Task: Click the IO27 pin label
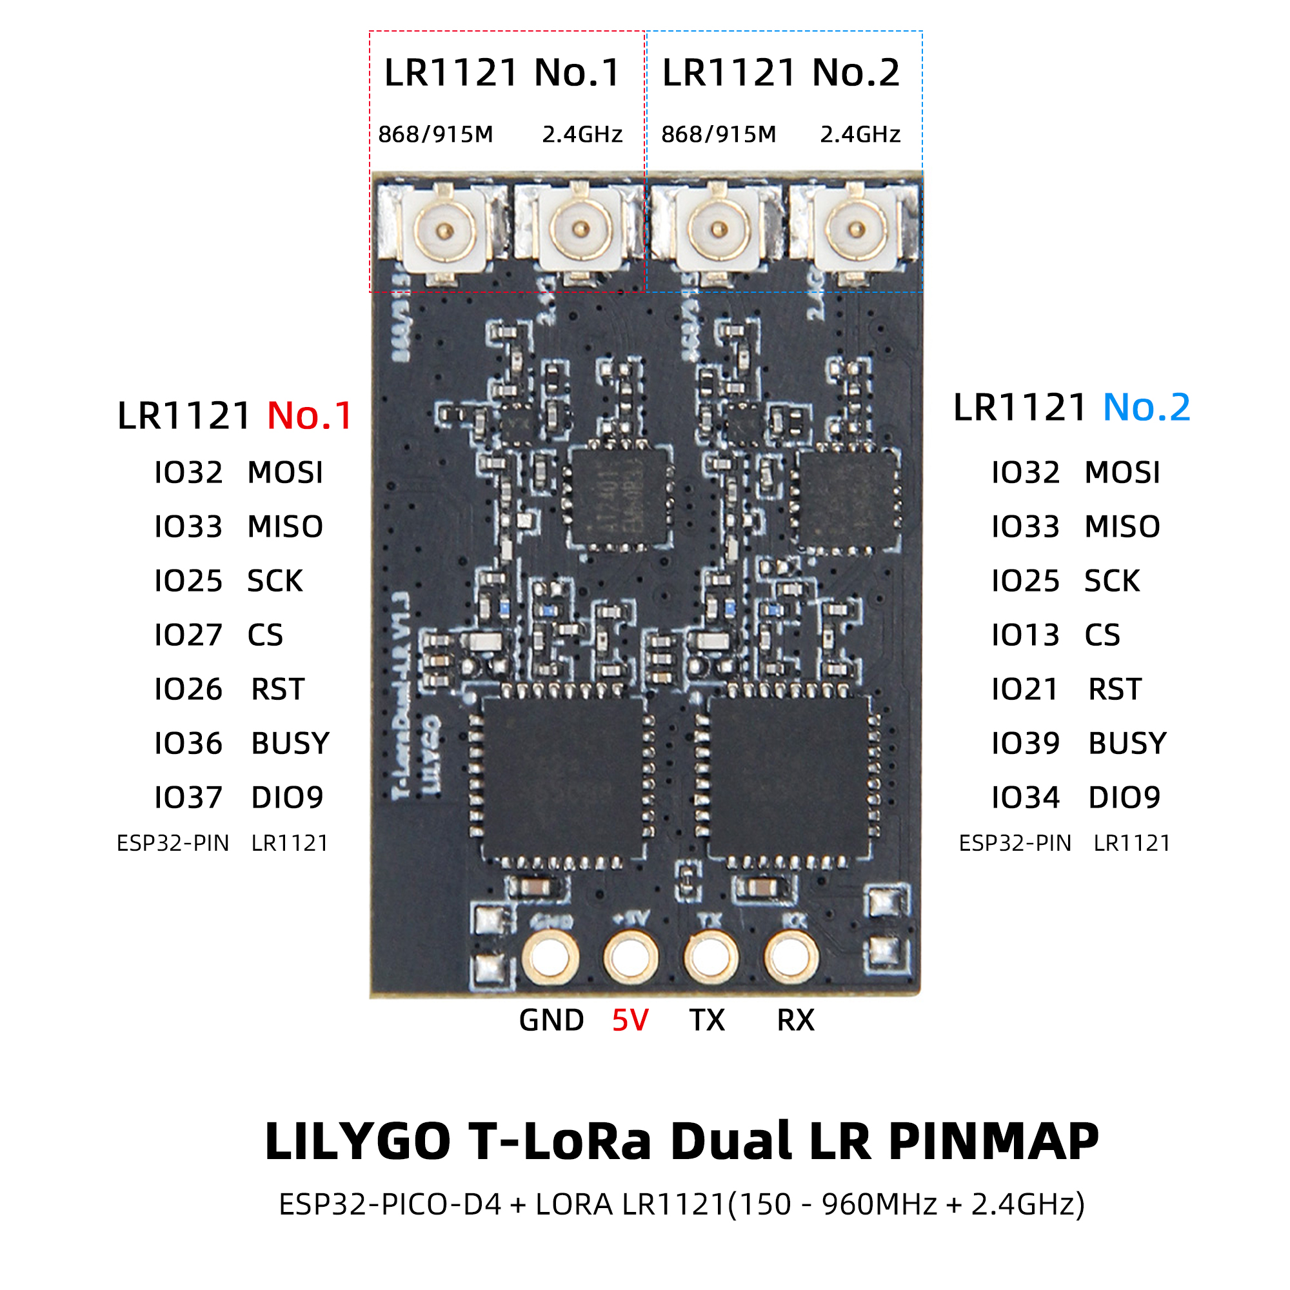click(188, 635)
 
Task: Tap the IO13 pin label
click(1025, 635)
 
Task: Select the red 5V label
click(630, 1020)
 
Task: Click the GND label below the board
click(551, 1020)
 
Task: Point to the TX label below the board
click(706, 1020)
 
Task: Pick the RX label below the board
click(795, 1020)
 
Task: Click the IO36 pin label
click(188, 743)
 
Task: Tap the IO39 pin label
click(1025, 743)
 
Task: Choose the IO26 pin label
click(188, 689)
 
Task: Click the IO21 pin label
click(1025, 689)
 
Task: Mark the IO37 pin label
click(188, 797)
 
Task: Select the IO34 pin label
click(1025, 797)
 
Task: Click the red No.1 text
click(310, 416)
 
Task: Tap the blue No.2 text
click(1146, 407)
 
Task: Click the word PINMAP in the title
click(993, 1142)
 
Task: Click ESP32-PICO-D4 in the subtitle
click(390, 1204)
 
